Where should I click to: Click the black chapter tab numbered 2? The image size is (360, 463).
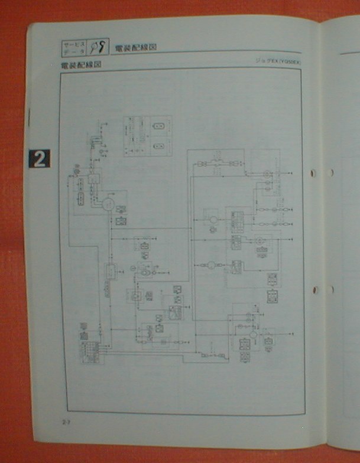pyautogui.click(x=38, y=158)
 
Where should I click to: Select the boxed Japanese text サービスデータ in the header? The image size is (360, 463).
pyautogui.click(x=74, y=47)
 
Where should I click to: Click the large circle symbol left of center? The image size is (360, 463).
pyautogui.click(x=108, y=204)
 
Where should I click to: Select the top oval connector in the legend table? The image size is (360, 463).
pyautogui.click(x=158, y=127)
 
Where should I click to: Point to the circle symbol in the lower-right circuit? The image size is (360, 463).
pyautogui.click(x=253, y=334)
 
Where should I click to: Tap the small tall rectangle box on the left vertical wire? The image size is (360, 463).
pyautogui.click(x=109, y=272)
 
